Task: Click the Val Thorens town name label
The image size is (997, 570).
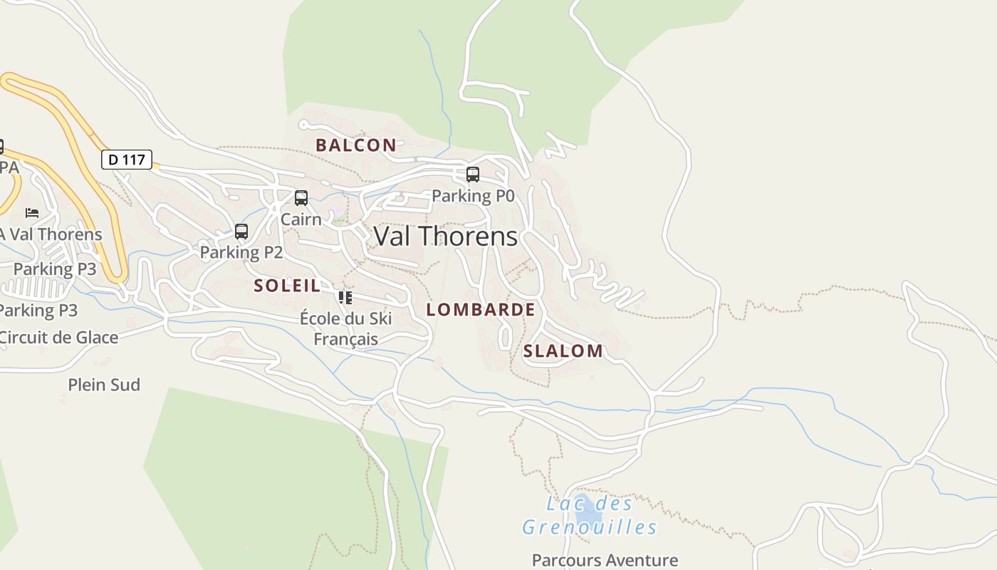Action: coord(445,236)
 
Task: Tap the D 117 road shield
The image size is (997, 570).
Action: coord(127,160)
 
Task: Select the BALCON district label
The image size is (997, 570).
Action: coord(356,145)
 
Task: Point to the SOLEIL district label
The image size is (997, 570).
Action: coord(287,286)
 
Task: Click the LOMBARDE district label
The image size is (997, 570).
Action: coord(481,309)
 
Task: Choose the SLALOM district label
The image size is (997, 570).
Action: coord(563,351)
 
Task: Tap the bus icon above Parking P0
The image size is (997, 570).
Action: coord(472,174)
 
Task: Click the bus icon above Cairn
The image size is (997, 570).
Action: coord(301,197)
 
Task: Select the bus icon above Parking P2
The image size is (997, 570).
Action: coord(241,231)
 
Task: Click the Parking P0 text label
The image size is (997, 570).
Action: coord(473,195)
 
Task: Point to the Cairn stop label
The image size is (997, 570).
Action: coord(301,219)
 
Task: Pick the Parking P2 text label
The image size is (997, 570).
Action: coord(241,252)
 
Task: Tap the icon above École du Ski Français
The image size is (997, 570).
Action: coord(345,297)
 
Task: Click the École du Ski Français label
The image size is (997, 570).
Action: coord(346,328)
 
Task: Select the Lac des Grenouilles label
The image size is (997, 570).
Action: coord(590,516)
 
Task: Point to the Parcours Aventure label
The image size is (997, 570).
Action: coord(605,560)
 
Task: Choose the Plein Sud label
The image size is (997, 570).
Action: coord(104,385)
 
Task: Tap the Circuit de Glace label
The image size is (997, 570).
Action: coord(60,337)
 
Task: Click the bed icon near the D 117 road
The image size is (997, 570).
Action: coord(32,212)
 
